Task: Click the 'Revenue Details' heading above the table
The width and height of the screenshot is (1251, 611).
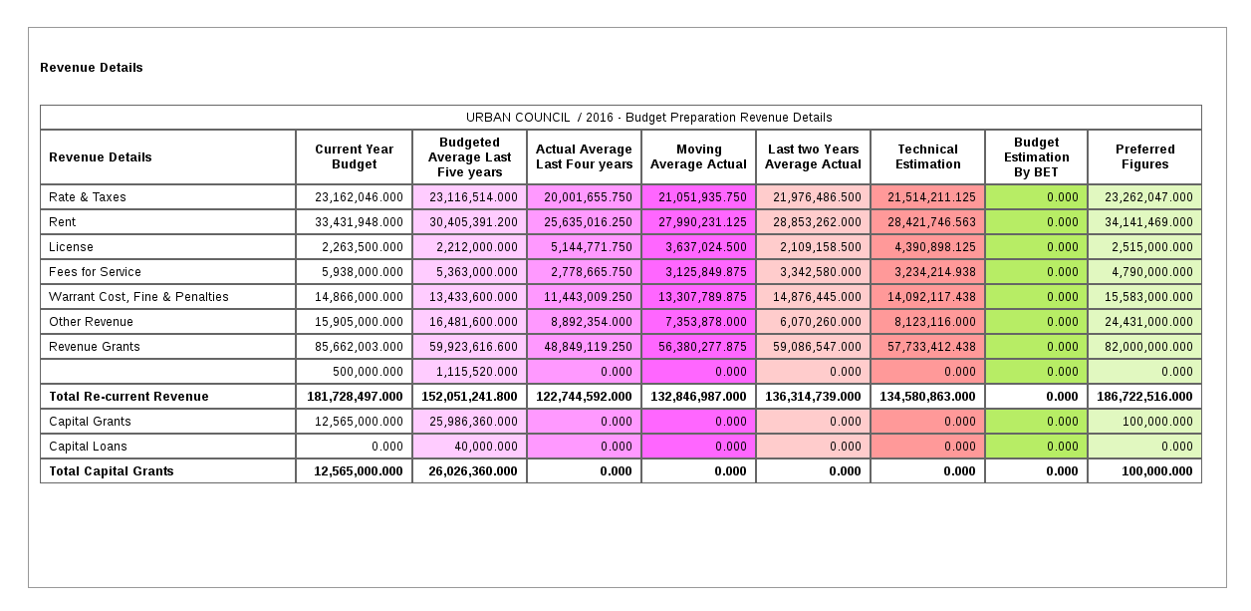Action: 92,68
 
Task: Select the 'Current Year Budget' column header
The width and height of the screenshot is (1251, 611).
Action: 354,157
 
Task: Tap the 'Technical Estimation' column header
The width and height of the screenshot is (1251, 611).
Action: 927,157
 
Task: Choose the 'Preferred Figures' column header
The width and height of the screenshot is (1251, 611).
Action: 1144,157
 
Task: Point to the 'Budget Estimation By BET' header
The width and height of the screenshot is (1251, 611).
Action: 1036,157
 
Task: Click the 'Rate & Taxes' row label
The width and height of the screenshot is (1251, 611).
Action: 87,197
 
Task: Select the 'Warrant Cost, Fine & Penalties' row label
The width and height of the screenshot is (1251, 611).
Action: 138,297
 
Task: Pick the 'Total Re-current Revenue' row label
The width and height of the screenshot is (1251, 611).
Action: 128,397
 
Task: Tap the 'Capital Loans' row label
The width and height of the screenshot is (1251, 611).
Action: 88,447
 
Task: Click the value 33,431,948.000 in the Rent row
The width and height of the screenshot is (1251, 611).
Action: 359,222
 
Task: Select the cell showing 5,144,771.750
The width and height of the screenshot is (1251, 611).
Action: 592,247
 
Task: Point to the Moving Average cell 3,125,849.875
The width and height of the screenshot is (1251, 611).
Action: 706,272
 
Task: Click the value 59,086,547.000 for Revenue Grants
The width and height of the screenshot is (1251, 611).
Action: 817,347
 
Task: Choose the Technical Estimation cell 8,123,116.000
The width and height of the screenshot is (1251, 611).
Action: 935,322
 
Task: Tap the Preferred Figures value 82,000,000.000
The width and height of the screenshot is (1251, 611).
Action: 1148,347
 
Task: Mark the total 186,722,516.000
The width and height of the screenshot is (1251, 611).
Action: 1144,397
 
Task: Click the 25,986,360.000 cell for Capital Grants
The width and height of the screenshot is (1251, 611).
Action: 473,422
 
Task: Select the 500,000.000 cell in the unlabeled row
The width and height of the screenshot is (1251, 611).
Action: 369,372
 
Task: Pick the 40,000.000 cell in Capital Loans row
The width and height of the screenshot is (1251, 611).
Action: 485,447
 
